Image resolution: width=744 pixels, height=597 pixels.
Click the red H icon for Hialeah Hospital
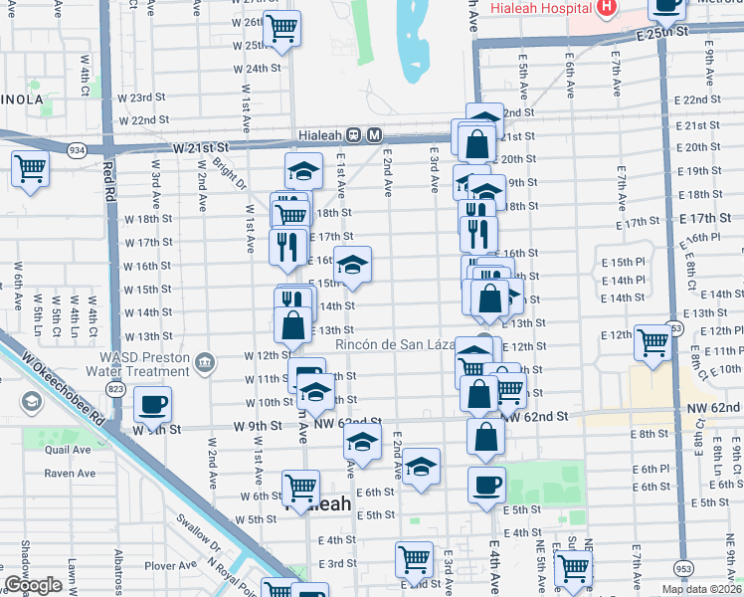606,9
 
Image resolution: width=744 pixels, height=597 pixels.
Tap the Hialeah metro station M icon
374,135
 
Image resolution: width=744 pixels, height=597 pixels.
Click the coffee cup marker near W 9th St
152,404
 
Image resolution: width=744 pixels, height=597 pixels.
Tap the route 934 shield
77,149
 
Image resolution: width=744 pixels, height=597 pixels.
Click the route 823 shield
118,389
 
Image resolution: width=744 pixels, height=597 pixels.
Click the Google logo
34,585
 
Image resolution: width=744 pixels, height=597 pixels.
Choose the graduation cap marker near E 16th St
351,265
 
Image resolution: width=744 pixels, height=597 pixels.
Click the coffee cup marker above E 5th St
486,485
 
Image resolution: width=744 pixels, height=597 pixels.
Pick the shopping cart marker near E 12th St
652,342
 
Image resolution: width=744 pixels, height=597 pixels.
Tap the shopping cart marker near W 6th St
300,488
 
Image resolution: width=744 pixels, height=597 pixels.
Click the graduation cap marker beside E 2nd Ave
422,467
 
